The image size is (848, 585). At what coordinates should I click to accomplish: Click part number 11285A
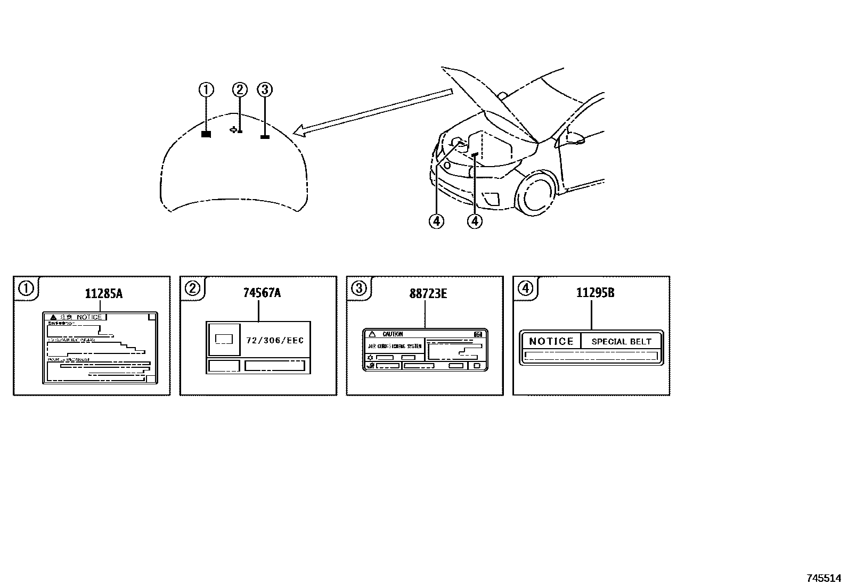(x=103, y=293)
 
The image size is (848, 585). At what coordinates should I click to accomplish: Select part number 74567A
(x=262, y=293)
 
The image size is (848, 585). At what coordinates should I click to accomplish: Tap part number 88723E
(x=428, y=293)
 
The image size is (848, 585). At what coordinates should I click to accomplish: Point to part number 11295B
(x=594, y=293)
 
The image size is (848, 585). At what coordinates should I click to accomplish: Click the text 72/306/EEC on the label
(x=275, y=340)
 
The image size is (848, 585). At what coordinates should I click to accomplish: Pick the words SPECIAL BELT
(x=621, y=342)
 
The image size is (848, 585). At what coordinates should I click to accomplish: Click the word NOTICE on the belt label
(x=551, y=341)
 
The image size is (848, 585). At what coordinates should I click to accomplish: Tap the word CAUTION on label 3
(x=393, y=334)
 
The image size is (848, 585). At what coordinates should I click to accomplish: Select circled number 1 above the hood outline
(x=206, y=90)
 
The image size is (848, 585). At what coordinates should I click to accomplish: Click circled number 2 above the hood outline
(x=240, y=90)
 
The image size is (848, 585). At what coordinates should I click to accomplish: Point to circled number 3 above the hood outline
(x=264, y=90)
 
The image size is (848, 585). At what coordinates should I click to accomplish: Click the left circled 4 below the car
(x=436, y=220)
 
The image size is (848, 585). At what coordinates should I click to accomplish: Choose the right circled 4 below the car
(x=474, y=220)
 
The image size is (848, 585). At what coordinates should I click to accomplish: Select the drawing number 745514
(x=823, y=578)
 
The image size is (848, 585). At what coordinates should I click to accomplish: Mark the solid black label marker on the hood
(x=206, y=135)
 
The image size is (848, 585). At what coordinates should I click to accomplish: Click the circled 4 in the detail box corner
(x=525, y=288)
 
